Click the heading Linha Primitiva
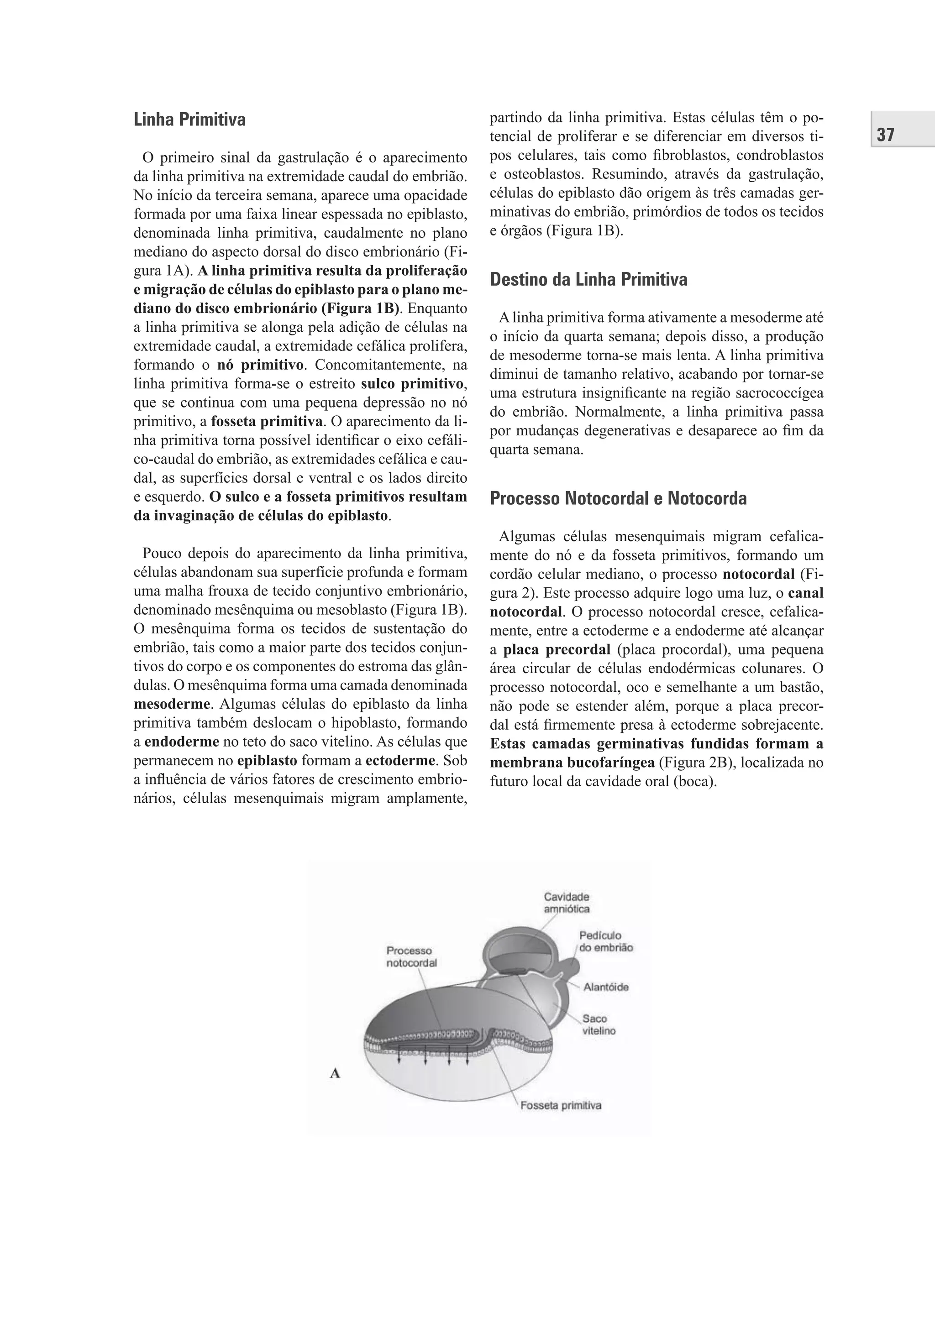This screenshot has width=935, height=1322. (189, 120)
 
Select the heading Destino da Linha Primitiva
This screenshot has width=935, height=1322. (588, 280)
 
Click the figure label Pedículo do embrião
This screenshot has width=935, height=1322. (605, 942)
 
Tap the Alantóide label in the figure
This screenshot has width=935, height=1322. (605, 987)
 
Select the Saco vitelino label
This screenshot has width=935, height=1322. (599, 1024)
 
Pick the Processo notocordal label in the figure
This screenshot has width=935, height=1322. (411, 956)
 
